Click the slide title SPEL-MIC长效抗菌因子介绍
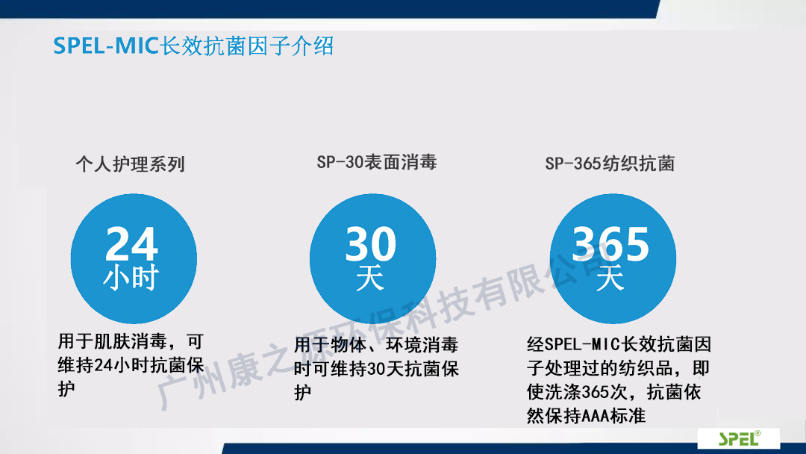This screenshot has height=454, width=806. tap(193, 46)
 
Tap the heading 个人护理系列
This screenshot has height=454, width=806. tap(130, 164)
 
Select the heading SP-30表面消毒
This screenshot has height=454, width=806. tap(377, 163)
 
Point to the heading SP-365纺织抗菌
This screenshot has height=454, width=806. tap(610, 164)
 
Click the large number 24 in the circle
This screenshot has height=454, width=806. tap(131, 243)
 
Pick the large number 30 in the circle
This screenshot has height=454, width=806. tap(371, 243)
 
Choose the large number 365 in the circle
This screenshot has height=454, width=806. tap(610, 243)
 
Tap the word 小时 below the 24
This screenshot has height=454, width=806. tap(131, 279)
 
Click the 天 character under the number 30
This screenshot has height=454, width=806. tap(370, 279)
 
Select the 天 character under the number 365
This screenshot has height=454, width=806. tap(610, 279)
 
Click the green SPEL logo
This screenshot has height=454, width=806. tap(739, 438)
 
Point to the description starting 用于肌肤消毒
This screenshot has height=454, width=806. tap(131, 365)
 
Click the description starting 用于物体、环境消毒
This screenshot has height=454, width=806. tap(376, 369)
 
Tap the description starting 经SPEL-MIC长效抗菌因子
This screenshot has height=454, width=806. tap(619, 380)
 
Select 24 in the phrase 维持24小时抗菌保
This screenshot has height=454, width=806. tap(104, 366)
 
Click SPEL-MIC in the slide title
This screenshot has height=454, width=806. tap(105, 46)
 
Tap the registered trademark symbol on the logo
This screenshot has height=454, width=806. tap(757, 433)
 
